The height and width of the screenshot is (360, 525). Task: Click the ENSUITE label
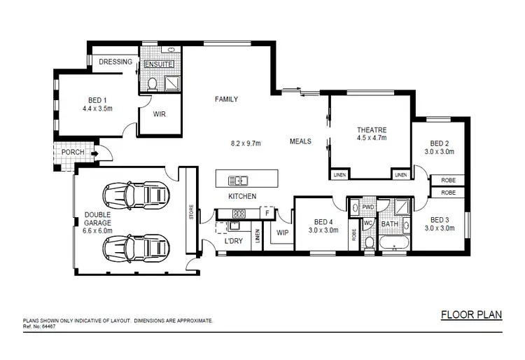(158, 64)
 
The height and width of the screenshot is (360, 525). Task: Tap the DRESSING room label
(115, 62)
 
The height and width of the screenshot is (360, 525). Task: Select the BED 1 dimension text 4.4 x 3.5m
(98, 109)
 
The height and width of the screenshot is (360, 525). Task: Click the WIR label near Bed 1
(159, 113)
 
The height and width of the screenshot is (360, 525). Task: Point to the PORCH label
(73, 152)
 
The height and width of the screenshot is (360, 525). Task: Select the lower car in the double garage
(136, 247)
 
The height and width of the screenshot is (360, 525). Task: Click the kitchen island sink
(238, 179)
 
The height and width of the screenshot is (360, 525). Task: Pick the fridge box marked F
(267, 212)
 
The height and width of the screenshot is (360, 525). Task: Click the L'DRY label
(233, 242)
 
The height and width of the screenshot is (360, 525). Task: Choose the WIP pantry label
(283, 232)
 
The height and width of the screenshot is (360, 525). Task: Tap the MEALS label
(301, 141)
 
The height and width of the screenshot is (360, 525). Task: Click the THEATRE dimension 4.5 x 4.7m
(372, 139)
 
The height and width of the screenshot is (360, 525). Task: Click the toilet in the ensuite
(152, 84)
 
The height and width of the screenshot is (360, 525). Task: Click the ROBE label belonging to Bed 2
(447, 180)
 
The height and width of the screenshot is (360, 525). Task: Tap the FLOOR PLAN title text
(471, 314)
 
